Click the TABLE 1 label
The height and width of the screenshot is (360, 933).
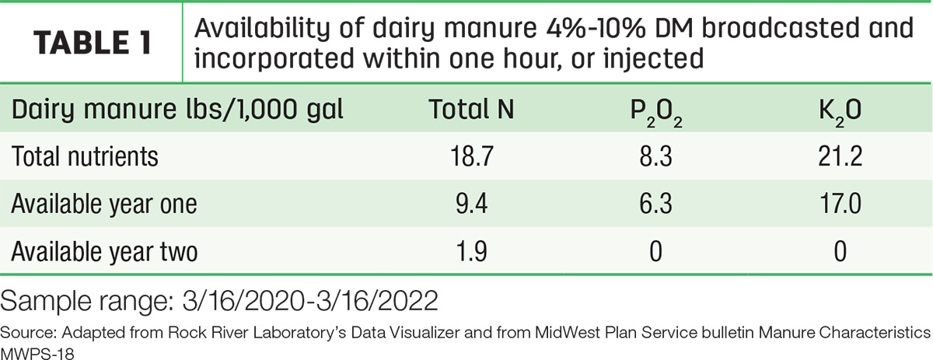point(93,43)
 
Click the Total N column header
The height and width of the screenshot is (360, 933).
point(471,109)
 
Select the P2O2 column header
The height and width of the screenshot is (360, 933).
point(656,113)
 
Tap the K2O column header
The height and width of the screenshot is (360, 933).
point(840,113)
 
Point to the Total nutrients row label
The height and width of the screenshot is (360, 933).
point(85,156)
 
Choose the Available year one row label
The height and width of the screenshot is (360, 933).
point(104,204)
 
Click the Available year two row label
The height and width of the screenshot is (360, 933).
point(104,252)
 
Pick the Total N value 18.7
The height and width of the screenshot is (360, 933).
point(472,156)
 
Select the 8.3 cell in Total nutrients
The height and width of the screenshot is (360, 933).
point(656,156)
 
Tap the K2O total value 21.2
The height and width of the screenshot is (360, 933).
point(840,156)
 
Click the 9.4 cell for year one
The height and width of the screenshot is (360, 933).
point(472,204)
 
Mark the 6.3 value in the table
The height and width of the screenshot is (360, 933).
point(656,204)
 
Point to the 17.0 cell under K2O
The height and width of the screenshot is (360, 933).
point(840,204)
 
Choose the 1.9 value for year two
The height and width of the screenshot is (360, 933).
point(472,252)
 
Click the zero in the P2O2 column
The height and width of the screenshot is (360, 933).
point(656,252)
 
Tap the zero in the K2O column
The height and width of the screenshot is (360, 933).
point(840,252)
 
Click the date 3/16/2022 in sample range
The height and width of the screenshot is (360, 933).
point(377,300)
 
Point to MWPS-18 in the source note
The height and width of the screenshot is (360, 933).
point(37,354)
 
